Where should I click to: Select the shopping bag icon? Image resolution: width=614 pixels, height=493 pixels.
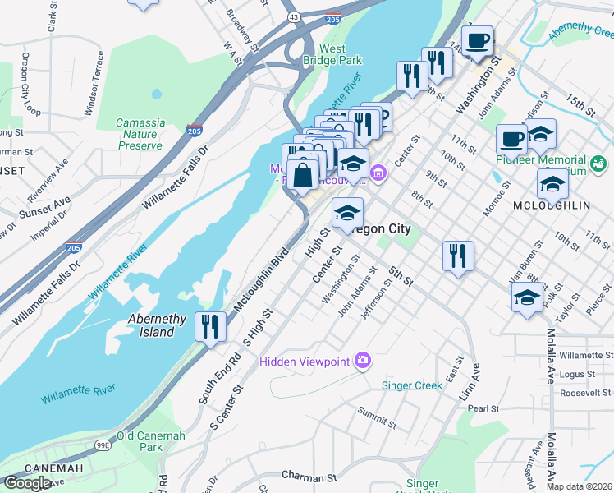(x=303, y=174)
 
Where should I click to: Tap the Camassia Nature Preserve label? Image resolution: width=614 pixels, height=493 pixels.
(x=140, y=134)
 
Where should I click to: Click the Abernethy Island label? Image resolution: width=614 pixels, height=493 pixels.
(x=151, y=326)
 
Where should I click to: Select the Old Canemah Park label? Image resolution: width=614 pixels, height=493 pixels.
(x=150, y=441)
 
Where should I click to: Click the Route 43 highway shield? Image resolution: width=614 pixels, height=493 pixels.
(x=292, y=16)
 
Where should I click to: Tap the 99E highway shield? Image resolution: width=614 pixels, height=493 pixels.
(x=103, y=445)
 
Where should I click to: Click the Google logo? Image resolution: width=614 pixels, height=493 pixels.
(x=27, y=483)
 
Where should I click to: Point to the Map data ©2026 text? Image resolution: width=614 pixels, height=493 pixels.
(x=580, y=486)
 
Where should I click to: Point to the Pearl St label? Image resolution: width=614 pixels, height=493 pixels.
(x=483, y=408)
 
